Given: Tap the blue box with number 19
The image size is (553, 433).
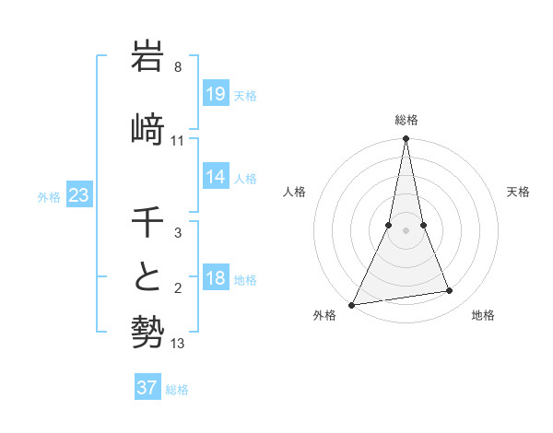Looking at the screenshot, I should (x=216, y=94).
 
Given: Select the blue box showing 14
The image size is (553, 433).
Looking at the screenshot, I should (x=216, y=177).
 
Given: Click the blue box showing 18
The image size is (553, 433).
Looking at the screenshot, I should (x=216, y=279).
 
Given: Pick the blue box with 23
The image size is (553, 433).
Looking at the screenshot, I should (x=79, y=196).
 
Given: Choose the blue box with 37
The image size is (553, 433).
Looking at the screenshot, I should (x=147, y=388).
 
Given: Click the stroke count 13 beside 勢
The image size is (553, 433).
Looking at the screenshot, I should (x=178, y=344).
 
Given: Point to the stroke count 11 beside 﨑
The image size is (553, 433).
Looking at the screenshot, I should (x=178, y=141).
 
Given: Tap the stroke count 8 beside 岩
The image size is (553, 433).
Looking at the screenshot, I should (x=178, y=67).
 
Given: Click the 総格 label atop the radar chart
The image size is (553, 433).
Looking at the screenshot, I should (x=406, y=120).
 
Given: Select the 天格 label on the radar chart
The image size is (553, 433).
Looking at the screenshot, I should (x=519, y=192).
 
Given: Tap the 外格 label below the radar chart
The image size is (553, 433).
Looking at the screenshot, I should (x=324, y=316).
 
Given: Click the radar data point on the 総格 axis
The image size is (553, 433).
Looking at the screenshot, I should (x=406, y=139).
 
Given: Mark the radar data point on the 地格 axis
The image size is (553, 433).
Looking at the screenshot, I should (x=450, y=291).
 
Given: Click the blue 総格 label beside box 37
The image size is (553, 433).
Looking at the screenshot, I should (x=177, y=390).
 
